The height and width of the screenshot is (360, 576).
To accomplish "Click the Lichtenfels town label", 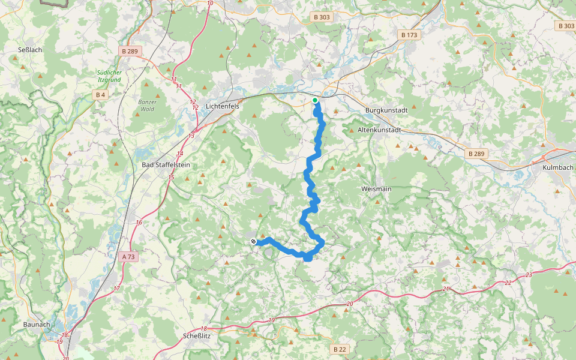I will click(222, 106).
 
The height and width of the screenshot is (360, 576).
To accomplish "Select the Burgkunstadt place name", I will click(386, 110).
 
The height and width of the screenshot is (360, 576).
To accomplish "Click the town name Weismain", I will click(376, 189).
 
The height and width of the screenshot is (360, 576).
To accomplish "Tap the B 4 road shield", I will click(100, 95).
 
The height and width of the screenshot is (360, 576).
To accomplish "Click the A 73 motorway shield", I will click(128, 257).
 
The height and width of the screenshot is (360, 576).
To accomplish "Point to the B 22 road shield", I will click(340, 349).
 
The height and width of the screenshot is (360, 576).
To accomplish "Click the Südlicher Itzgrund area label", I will click(109, 76).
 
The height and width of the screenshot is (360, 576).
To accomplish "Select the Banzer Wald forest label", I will click(147, 106).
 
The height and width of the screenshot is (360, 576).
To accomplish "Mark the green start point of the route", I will click(315, 100).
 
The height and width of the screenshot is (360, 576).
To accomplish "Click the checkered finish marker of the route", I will click(254, 241).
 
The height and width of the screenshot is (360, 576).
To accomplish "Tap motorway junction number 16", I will click(139, 223).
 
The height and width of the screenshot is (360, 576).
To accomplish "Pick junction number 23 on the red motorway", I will click(528, 275).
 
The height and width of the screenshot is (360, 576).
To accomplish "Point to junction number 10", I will click(209, 4).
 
